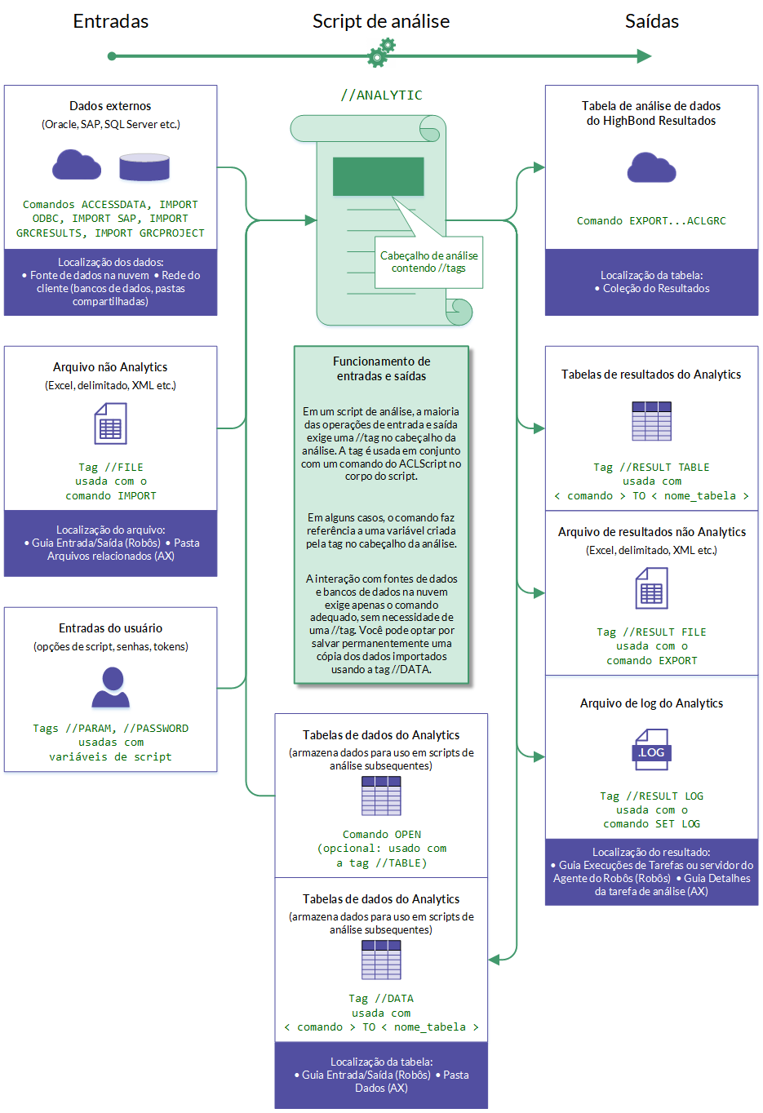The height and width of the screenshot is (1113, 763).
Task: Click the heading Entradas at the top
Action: click(111, 21)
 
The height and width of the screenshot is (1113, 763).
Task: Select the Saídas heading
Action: click(651, 21)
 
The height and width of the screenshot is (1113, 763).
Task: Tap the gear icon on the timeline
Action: click(380, 53)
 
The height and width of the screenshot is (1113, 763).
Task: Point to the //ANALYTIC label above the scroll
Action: click(381, 95)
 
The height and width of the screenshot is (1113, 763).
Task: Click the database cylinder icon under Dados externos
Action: click(144, 166)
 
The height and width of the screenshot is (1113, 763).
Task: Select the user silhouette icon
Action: click(111, 687)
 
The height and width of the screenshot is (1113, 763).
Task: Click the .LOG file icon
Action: click(651, 750)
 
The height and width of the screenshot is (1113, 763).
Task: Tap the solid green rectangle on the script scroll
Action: click(378, 176)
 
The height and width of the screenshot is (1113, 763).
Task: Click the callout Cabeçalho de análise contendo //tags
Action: click(428, 262)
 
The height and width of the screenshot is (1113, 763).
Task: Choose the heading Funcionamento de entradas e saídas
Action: click(381, 369)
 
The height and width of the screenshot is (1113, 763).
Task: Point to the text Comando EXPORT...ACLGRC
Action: click(651, 221)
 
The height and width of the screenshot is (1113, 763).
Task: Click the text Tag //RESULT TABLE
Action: click(651, 468)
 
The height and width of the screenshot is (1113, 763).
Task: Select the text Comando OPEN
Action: click(381, 835)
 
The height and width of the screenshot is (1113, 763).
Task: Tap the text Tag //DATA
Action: click(381, 999)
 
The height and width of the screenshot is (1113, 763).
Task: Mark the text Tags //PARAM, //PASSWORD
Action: click(111, 729)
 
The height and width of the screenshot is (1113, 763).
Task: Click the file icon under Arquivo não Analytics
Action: click(110, 424)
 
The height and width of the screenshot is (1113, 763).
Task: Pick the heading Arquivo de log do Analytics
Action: click(651, 703)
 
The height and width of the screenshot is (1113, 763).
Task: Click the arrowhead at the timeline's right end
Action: click(644, 56)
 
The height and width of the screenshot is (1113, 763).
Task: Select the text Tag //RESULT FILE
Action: click(651, 632)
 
